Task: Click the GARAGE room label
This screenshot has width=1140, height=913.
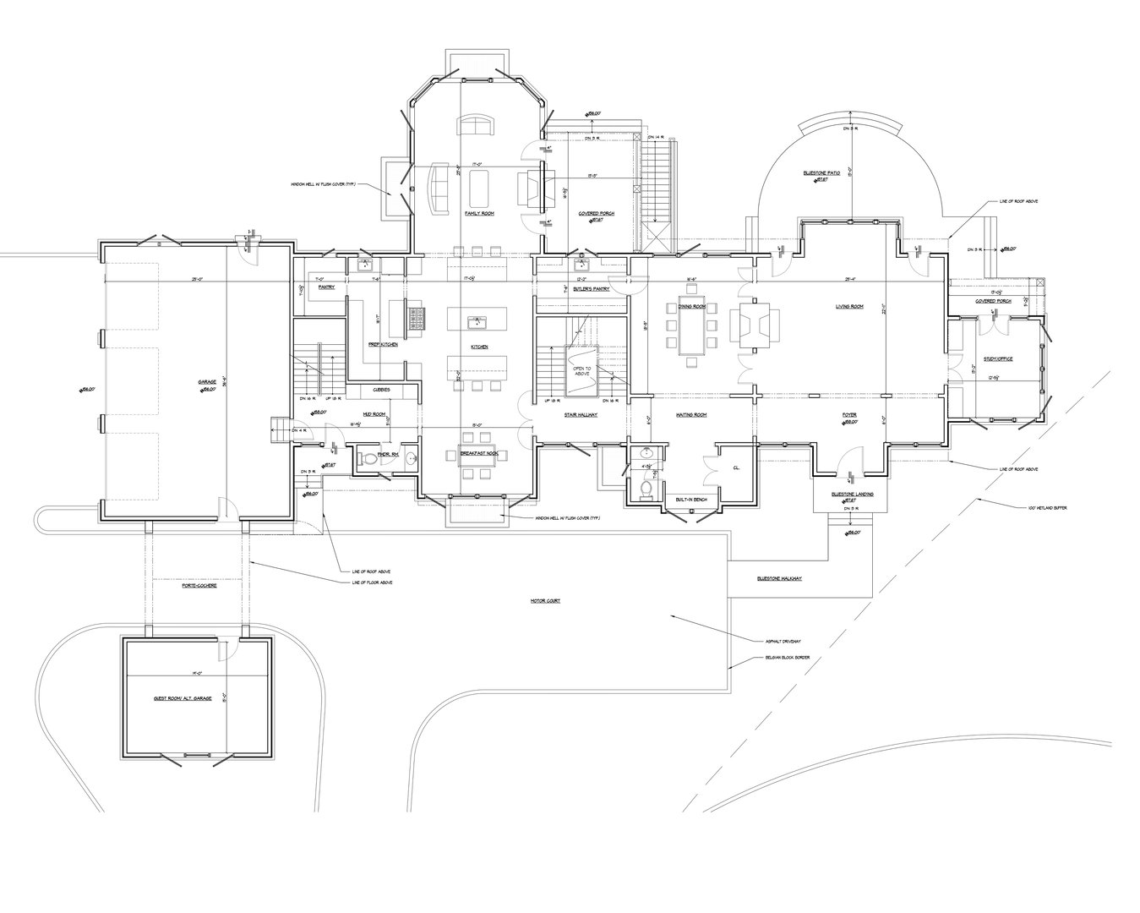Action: point(207,381)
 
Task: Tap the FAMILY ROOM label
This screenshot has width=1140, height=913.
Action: point(479,214)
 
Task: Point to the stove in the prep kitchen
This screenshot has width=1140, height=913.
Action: point(417,319)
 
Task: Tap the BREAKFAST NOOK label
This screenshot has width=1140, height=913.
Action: point(479,454)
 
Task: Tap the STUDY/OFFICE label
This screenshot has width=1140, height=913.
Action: point(997,358)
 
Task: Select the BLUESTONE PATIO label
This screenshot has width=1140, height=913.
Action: point(820,172)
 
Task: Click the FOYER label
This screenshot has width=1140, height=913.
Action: point(849,415)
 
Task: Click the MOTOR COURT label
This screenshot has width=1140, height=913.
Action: point(546,600)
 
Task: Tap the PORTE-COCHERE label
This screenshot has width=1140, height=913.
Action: point(199,585)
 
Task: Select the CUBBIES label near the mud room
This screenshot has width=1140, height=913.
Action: point(381,390)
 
